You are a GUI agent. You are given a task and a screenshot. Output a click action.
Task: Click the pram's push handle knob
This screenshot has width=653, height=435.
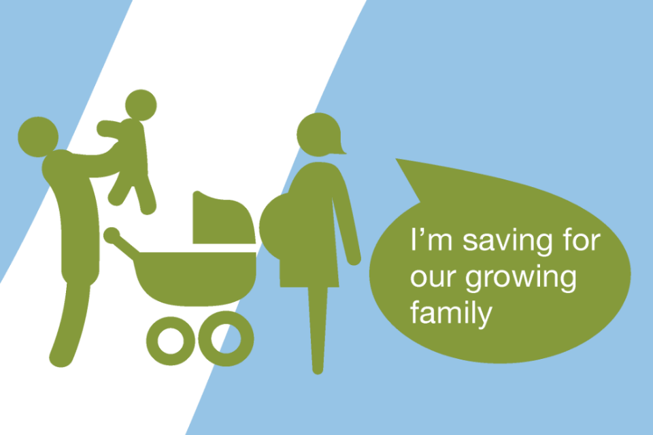[x=112, y=235]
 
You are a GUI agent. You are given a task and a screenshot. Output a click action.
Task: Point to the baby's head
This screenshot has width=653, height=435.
[x=141, y=105]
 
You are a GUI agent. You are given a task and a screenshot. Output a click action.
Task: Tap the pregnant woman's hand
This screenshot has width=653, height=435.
[x=354, y=258]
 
